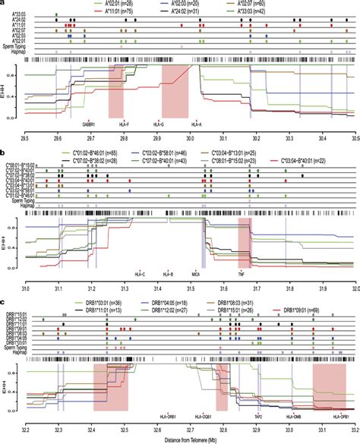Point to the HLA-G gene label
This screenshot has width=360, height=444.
pyautogui.click(x=157, y=124)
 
